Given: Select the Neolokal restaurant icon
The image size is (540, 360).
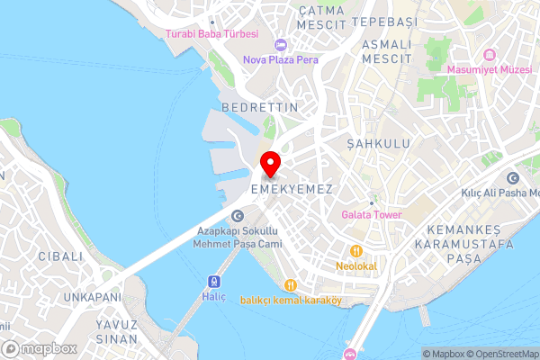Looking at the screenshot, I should click(356, 251).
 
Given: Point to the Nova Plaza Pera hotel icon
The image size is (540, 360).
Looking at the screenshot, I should click(281, 45).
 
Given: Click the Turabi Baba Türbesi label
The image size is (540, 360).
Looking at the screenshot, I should click(211, 34).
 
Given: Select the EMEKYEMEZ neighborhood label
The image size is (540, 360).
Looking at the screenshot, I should click(292, 190).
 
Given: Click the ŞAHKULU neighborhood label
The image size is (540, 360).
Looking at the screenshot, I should click(378, 144).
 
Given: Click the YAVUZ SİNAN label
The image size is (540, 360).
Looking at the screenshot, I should click(117, 332).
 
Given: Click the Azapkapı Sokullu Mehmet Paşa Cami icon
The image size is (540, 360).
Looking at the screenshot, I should click(238, 215).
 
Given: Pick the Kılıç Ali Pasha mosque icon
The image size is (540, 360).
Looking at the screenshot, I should click(513, 178).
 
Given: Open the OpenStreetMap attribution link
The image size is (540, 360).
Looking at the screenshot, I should click(501, 354).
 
